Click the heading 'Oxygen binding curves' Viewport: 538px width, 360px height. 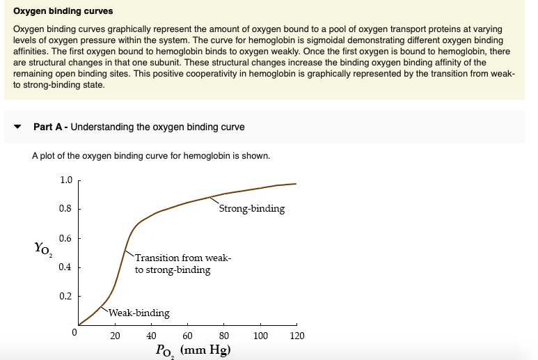(63, 12)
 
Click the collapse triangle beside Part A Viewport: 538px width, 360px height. (17, 127)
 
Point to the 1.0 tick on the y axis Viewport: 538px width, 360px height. (66, 180)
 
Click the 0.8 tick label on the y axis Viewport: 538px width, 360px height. (66, 209)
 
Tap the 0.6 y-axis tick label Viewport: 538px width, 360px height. (66, 238)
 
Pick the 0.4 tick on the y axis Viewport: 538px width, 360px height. (66, 267)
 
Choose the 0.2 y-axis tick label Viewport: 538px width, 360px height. (66, 297)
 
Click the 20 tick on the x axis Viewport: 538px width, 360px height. (116, 336)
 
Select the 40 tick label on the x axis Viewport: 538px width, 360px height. (152, 336)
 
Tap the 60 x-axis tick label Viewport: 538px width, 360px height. (188, 336)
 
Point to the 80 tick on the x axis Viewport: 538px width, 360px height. (224, 336)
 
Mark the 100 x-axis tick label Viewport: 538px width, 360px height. (260, 336)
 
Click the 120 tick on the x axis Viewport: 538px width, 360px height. (296, 336)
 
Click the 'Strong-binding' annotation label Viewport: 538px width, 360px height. (252, 209)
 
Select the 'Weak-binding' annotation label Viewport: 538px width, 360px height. (139, 313)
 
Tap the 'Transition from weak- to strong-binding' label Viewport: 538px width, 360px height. (182, 264)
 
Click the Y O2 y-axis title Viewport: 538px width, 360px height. (42, 248)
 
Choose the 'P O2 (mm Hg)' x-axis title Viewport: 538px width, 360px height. (192, 350)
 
